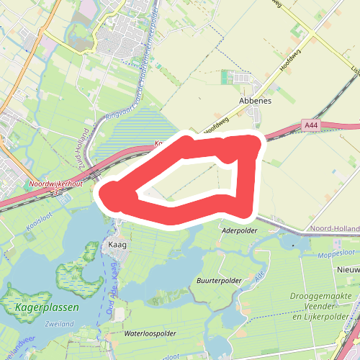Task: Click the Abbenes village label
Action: coord(256,102)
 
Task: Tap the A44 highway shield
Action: coord(311,125)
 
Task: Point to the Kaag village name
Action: coord(117,245)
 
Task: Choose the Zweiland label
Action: coord(58,325)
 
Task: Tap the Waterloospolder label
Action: coord(150,334)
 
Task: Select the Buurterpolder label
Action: coord(218,280)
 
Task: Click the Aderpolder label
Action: coord(240,231)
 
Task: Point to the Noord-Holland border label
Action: coord(334,228)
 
